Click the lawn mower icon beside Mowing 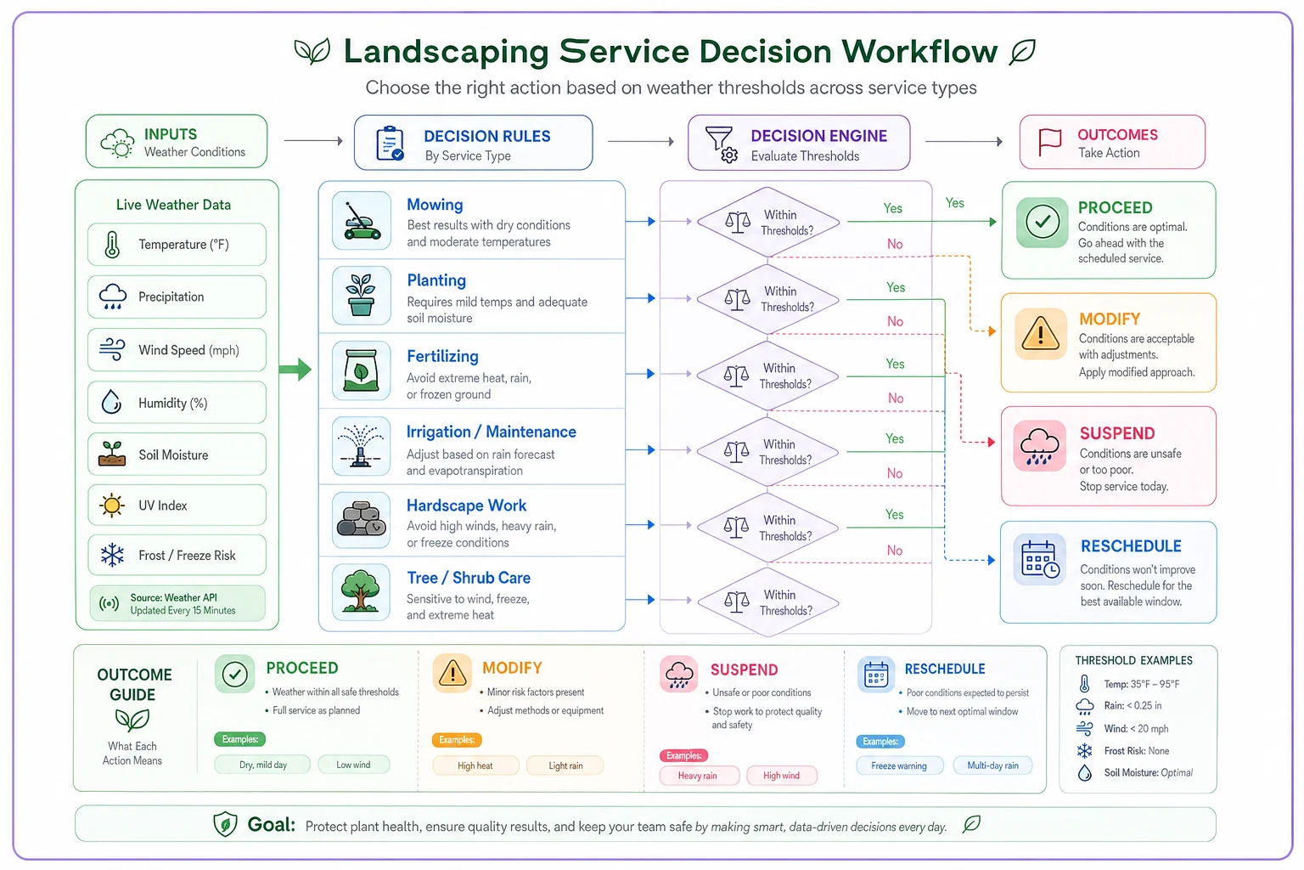[x=362, y=221]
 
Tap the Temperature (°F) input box [x=177, y=244]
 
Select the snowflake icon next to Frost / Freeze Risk [x=112, y=555]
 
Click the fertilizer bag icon [x=361, y=370]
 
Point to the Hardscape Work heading [x=466, y=506]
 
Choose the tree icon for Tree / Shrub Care [x=361, y=590]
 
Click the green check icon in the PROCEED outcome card [x=1042, y=222]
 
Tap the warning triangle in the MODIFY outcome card [x=1040, y=334]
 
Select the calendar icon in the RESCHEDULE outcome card [x=1040, y=559]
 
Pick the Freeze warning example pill [x=899, y=765]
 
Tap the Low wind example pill [x=353, y=765]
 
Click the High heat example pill [x=475, y=765]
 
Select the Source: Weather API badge [x=177, y=604]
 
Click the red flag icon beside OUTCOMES [x=1049, y=142]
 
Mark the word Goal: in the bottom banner [x=272, y=825]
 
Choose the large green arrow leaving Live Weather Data [x=295, y=369]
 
